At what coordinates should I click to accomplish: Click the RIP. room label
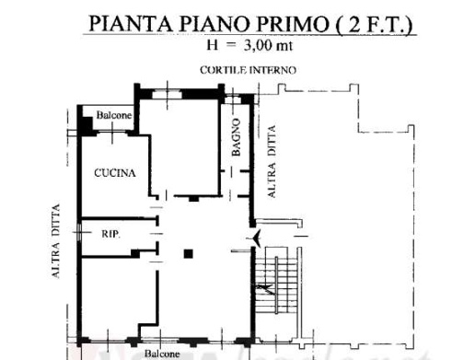pyautogui.click(x=110, y=234)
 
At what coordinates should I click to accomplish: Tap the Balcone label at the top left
pyautogui.click(x=114, y=115)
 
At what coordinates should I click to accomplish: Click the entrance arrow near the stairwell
pyautogui.click(x=255, y=238)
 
